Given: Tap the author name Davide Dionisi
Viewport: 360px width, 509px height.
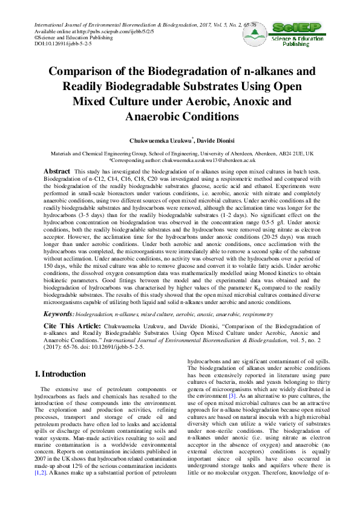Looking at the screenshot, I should point(214,140).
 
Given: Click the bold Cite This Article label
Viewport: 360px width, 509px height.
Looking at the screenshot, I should point(72,325).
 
